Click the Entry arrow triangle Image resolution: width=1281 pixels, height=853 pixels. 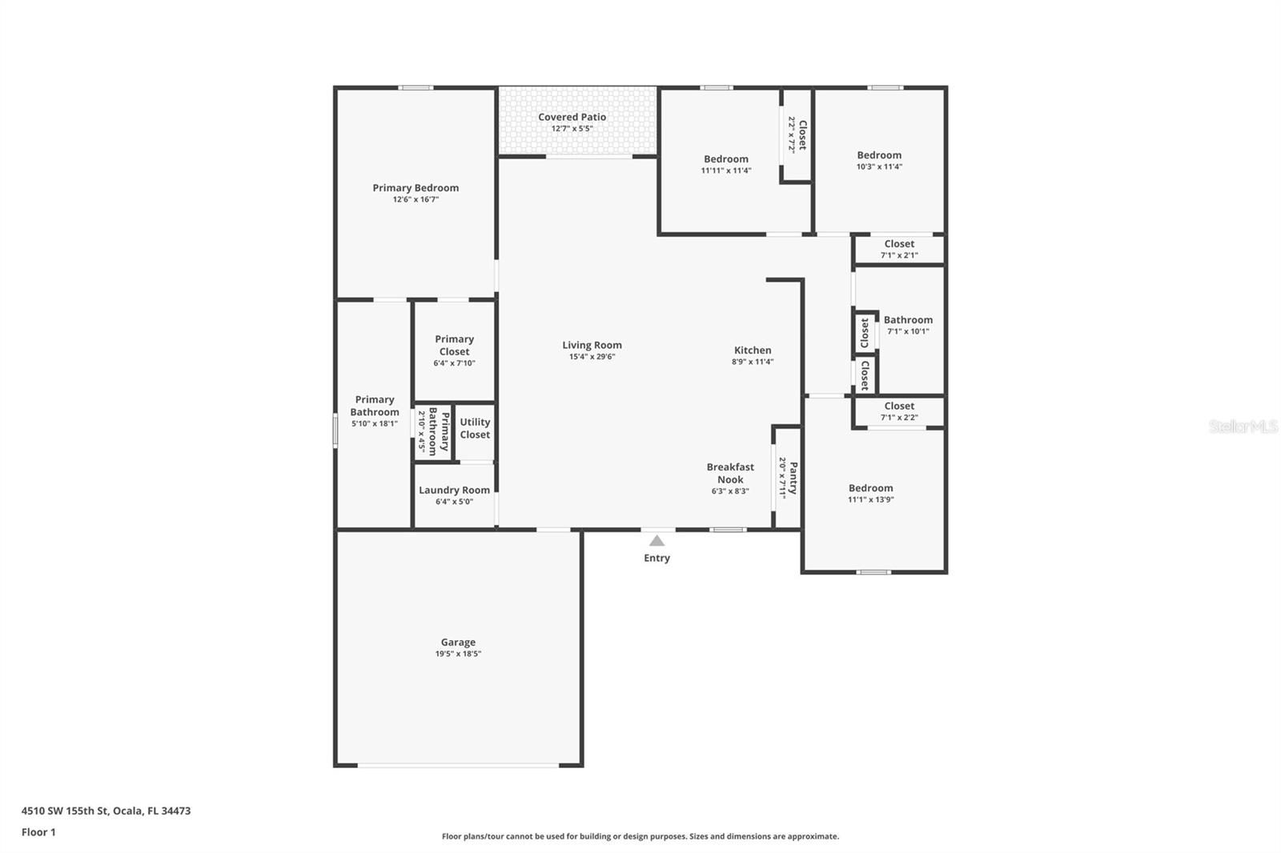click(657, 541)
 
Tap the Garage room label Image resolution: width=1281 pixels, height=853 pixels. click(458, 642)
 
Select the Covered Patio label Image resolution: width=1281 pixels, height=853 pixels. click(572, 117)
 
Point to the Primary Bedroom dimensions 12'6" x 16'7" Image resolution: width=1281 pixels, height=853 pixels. click(416, 199)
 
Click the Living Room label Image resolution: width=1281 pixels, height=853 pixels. click(592, 345)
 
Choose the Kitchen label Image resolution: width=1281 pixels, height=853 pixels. click(753, 350)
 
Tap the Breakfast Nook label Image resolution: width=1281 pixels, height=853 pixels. click(729, 473)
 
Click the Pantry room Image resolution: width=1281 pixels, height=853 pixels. click(788, 478)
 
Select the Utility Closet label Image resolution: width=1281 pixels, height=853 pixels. click(475, 428)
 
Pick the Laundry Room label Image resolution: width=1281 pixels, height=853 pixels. click(454, 490)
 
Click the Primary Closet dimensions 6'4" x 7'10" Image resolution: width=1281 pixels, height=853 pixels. click(454, 363)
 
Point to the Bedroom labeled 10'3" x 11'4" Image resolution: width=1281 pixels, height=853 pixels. click(879, 155)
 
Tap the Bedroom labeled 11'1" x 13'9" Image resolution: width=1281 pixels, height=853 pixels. click(870, 488)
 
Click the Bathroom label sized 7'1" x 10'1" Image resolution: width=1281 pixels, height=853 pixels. click(908, 319)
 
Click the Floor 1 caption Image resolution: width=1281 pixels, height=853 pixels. click(38, 832)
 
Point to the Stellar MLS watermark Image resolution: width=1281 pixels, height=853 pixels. click(1243, 426)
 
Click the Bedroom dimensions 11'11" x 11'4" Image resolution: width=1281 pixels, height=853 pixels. click(726, 170)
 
